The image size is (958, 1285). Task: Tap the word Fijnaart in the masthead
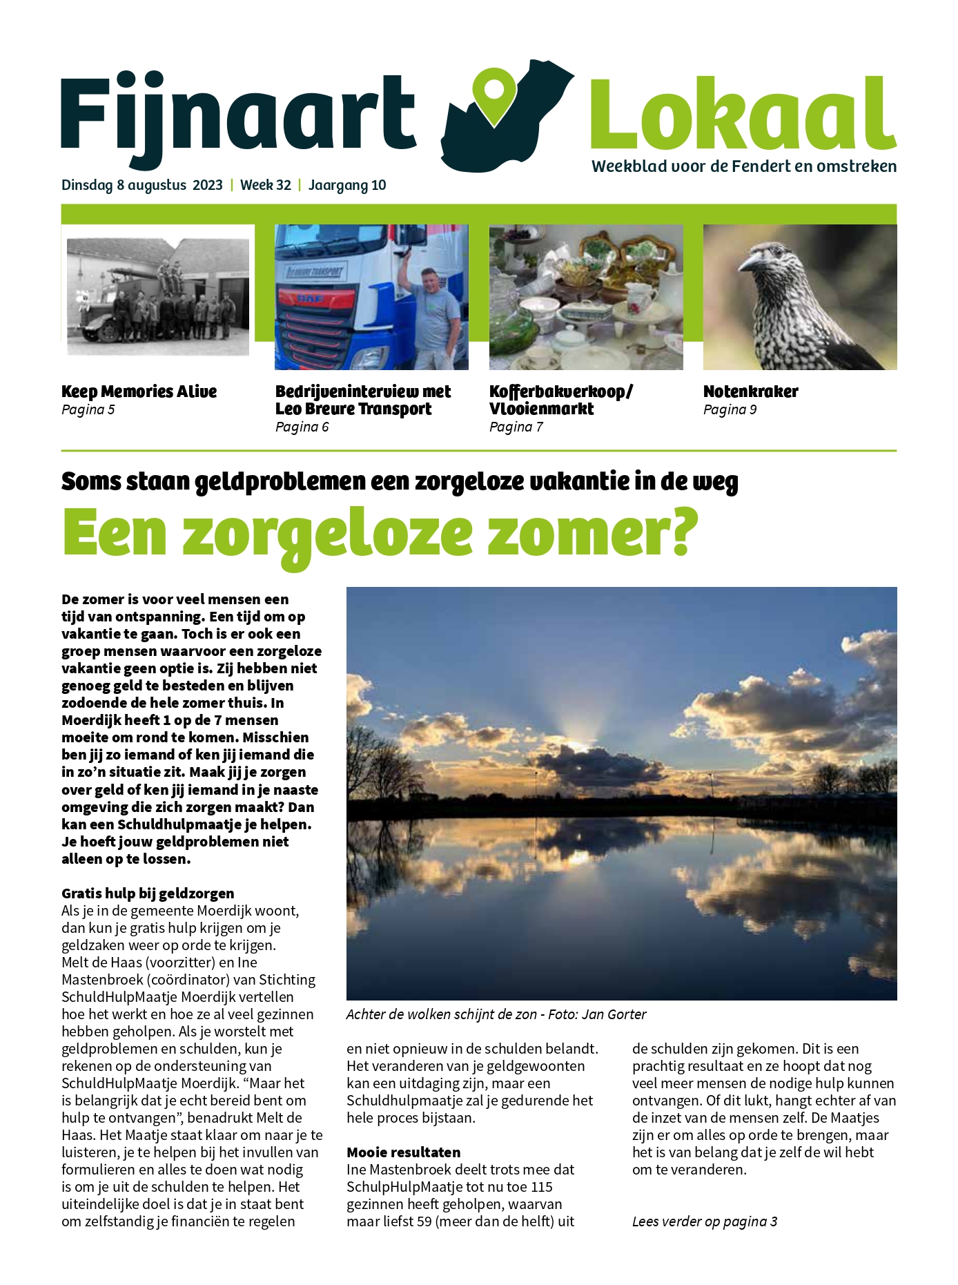237,114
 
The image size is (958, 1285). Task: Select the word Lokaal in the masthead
743,114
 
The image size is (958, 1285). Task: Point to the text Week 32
266,185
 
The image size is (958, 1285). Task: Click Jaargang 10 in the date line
347,185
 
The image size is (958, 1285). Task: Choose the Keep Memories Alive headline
139,392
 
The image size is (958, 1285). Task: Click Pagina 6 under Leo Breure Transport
302,427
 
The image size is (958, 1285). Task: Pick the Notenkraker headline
750,392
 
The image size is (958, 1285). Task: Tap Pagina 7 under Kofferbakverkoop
516,427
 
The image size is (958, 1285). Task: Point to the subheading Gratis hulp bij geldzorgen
148,893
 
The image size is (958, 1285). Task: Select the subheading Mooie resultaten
403,1152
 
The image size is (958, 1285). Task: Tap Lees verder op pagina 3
705,1221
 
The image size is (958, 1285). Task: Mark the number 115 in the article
542,1187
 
